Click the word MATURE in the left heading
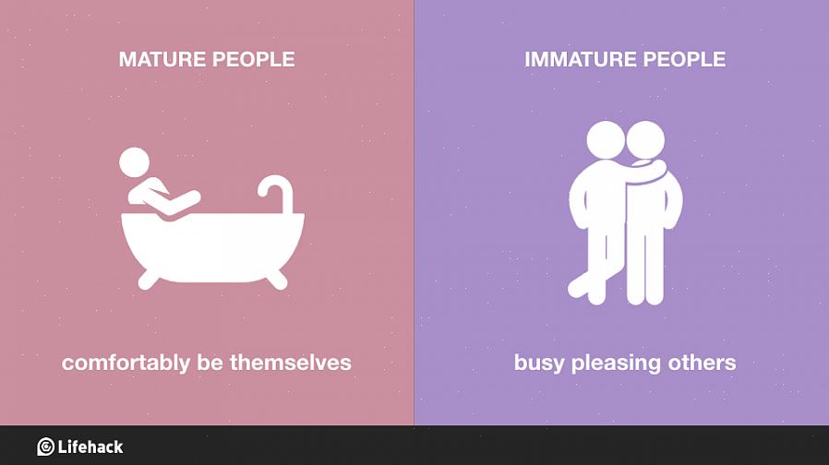161,59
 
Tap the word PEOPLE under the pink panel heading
253,59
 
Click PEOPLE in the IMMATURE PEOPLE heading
684,59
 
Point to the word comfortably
126,363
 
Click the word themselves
290,363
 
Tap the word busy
539,363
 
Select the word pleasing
616,363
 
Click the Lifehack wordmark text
90,447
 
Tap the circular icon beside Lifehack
45,447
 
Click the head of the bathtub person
134,162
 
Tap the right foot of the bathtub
277,279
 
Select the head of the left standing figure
606,140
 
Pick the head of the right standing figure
645,140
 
